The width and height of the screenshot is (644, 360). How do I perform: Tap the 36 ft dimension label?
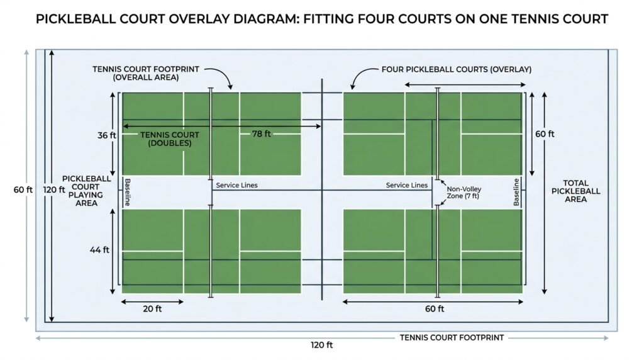107,135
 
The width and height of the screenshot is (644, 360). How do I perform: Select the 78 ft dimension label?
262,133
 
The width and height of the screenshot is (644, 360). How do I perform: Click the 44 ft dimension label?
100,250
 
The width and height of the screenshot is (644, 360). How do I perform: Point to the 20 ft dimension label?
152,308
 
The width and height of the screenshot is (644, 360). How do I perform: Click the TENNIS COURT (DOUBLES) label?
170,139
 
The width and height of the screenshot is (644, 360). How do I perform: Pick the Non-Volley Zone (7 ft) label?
464,193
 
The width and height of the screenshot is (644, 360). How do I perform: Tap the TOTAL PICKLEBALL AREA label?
576,191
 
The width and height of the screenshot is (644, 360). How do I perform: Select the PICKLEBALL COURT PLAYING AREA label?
86,191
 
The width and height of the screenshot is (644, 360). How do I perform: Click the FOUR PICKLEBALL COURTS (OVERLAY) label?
457,69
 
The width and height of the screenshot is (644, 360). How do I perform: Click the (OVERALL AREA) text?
146,77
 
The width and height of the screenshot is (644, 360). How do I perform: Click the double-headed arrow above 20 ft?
152,301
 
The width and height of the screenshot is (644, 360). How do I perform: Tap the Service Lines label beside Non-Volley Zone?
407,185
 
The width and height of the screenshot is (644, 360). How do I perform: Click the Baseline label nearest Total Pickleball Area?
517,192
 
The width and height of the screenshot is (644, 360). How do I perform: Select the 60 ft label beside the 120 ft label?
23,189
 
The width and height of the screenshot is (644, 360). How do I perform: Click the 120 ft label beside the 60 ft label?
54,189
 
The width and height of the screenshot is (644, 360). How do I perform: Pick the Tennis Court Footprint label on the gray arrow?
452,338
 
